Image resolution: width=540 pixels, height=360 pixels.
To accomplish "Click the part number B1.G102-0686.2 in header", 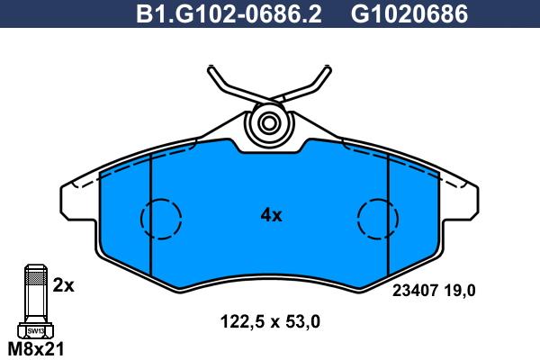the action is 229,14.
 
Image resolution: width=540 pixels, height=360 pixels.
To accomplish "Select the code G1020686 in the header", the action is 409,14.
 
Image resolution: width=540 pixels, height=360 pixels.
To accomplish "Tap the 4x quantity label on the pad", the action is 272,216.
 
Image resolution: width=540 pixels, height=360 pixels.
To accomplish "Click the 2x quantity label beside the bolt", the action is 63,285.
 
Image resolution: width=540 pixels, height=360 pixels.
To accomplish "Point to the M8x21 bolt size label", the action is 36,349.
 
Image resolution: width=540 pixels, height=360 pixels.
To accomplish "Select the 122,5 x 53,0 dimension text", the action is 270,322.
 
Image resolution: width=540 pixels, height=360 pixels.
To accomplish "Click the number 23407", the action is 415,291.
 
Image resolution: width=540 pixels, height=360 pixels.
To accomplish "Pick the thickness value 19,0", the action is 459,291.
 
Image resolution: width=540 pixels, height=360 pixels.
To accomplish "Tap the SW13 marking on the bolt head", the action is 36,331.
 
